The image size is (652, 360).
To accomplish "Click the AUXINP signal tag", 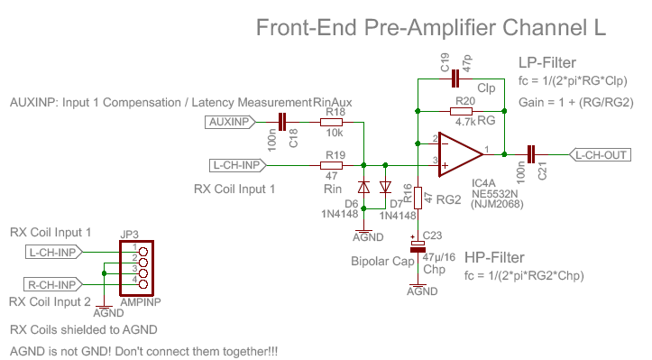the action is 230,122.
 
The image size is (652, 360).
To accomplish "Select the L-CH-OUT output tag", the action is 600,155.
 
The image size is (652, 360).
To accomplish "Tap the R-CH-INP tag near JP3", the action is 53,285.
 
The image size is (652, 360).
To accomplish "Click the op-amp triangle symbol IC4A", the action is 461,154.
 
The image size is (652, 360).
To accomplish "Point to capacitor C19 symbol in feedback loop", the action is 455,78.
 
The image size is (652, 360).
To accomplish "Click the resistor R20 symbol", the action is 461,111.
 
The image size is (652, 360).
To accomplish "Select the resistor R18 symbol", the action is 331,123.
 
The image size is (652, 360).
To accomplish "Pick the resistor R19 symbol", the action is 331,166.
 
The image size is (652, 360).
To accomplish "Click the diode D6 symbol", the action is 363,188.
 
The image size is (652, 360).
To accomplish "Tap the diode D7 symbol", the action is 385,188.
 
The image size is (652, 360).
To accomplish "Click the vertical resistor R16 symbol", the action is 418,198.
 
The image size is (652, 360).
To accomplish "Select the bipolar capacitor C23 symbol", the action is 418,246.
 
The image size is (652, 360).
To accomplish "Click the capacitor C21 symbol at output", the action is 531,154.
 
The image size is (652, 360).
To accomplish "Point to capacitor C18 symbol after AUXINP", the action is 282,122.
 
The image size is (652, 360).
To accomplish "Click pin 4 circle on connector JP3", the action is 143,284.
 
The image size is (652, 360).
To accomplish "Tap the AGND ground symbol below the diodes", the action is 363,231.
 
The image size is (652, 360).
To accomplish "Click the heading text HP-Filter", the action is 494,258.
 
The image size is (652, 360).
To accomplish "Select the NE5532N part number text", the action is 495,194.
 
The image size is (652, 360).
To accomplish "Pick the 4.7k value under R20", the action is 465,122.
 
